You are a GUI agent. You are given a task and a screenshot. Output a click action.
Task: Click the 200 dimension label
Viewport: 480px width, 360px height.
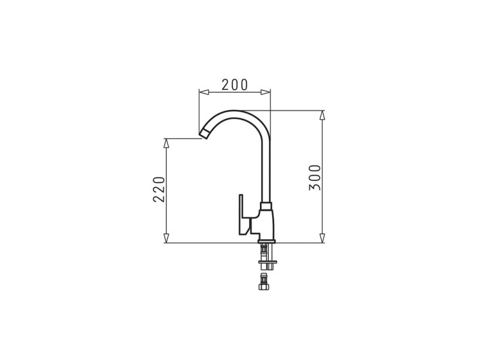pyautogui.click(x=235, y=85)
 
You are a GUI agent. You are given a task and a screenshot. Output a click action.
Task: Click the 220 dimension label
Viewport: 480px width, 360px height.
pyautogui.click(x=159, y=189)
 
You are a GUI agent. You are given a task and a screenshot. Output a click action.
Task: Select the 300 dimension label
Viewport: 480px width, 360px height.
pyautogui.click(x=314, y=178)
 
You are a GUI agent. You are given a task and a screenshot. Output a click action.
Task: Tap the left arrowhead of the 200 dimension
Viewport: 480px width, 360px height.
pyautogui.click(x=204, y=92)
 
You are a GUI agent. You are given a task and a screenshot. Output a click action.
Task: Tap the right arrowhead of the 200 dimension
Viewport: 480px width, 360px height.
pyautogui.click(x=265, y=92)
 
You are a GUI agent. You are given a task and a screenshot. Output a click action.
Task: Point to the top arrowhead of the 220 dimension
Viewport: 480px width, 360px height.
pyautogui.click(x=166, y=143)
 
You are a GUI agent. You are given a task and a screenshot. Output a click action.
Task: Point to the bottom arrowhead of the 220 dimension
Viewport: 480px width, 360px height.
pyautogui.click(x=166, y=238)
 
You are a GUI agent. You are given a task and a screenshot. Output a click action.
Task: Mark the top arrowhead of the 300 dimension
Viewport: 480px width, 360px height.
pyautogui.click(x=322, y=115)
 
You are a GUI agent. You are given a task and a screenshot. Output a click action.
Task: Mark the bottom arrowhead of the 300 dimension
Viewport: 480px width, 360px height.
pyautogui.click(x=322, y=238)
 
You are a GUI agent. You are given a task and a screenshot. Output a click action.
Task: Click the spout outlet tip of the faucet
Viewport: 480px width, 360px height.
pyautogui.click(x=205, y=134)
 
